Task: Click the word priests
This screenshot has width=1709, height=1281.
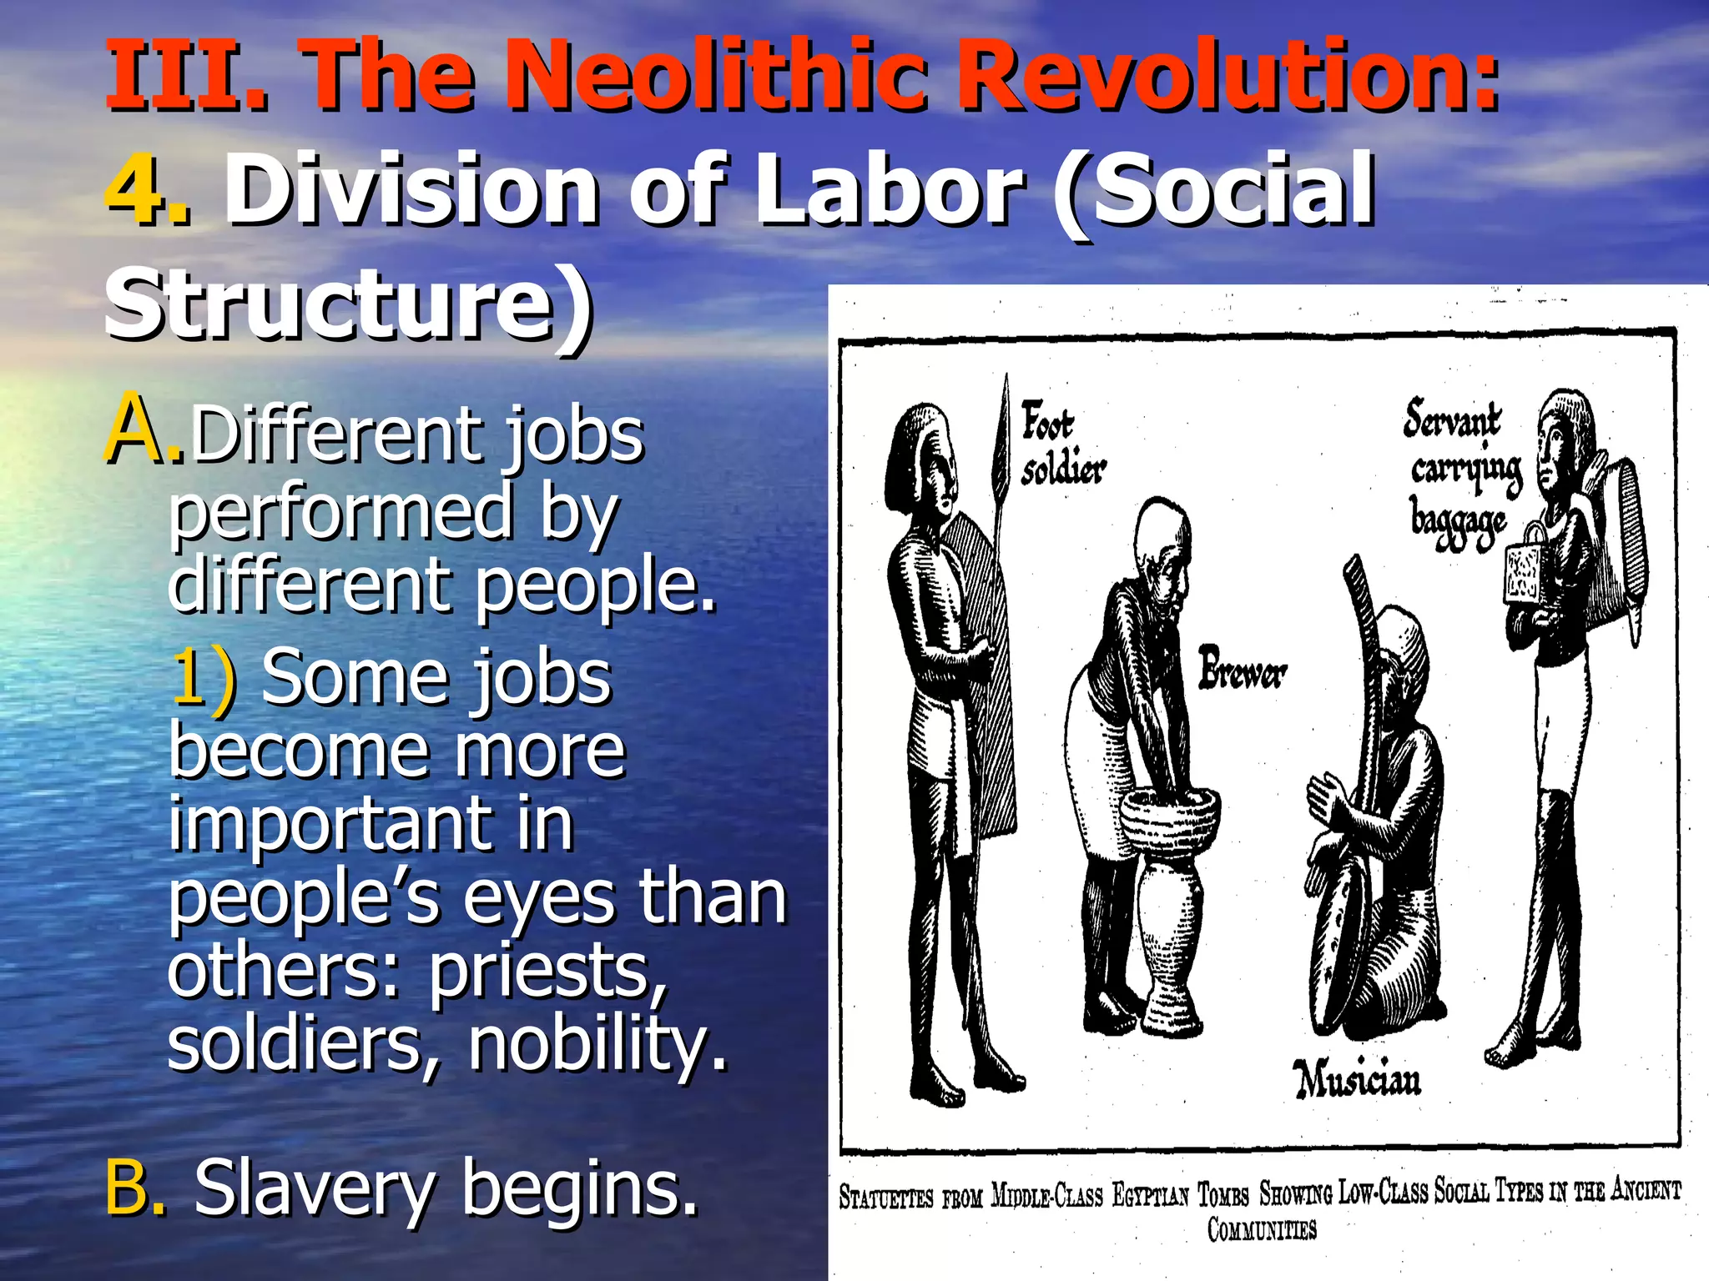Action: tap(547, 972)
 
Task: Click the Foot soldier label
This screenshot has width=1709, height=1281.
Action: tap(1061, 444)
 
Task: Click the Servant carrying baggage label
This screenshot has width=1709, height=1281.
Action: tap(1460, 473)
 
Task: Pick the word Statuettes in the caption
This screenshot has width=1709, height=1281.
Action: tap(885, 1197)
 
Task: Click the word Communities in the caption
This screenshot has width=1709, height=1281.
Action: tap(1261, 1229)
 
